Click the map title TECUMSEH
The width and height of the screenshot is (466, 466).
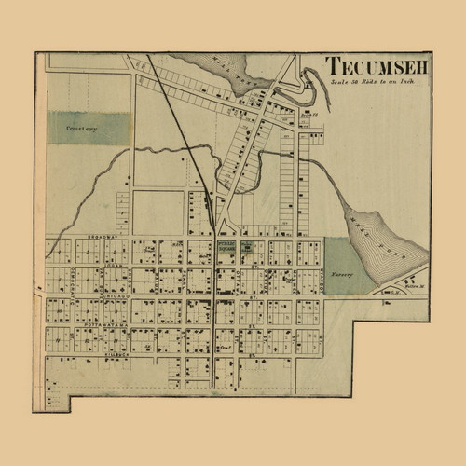[376, 69]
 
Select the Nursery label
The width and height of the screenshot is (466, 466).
[346, 276]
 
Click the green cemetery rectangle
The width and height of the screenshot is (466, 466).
[89, 129]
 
